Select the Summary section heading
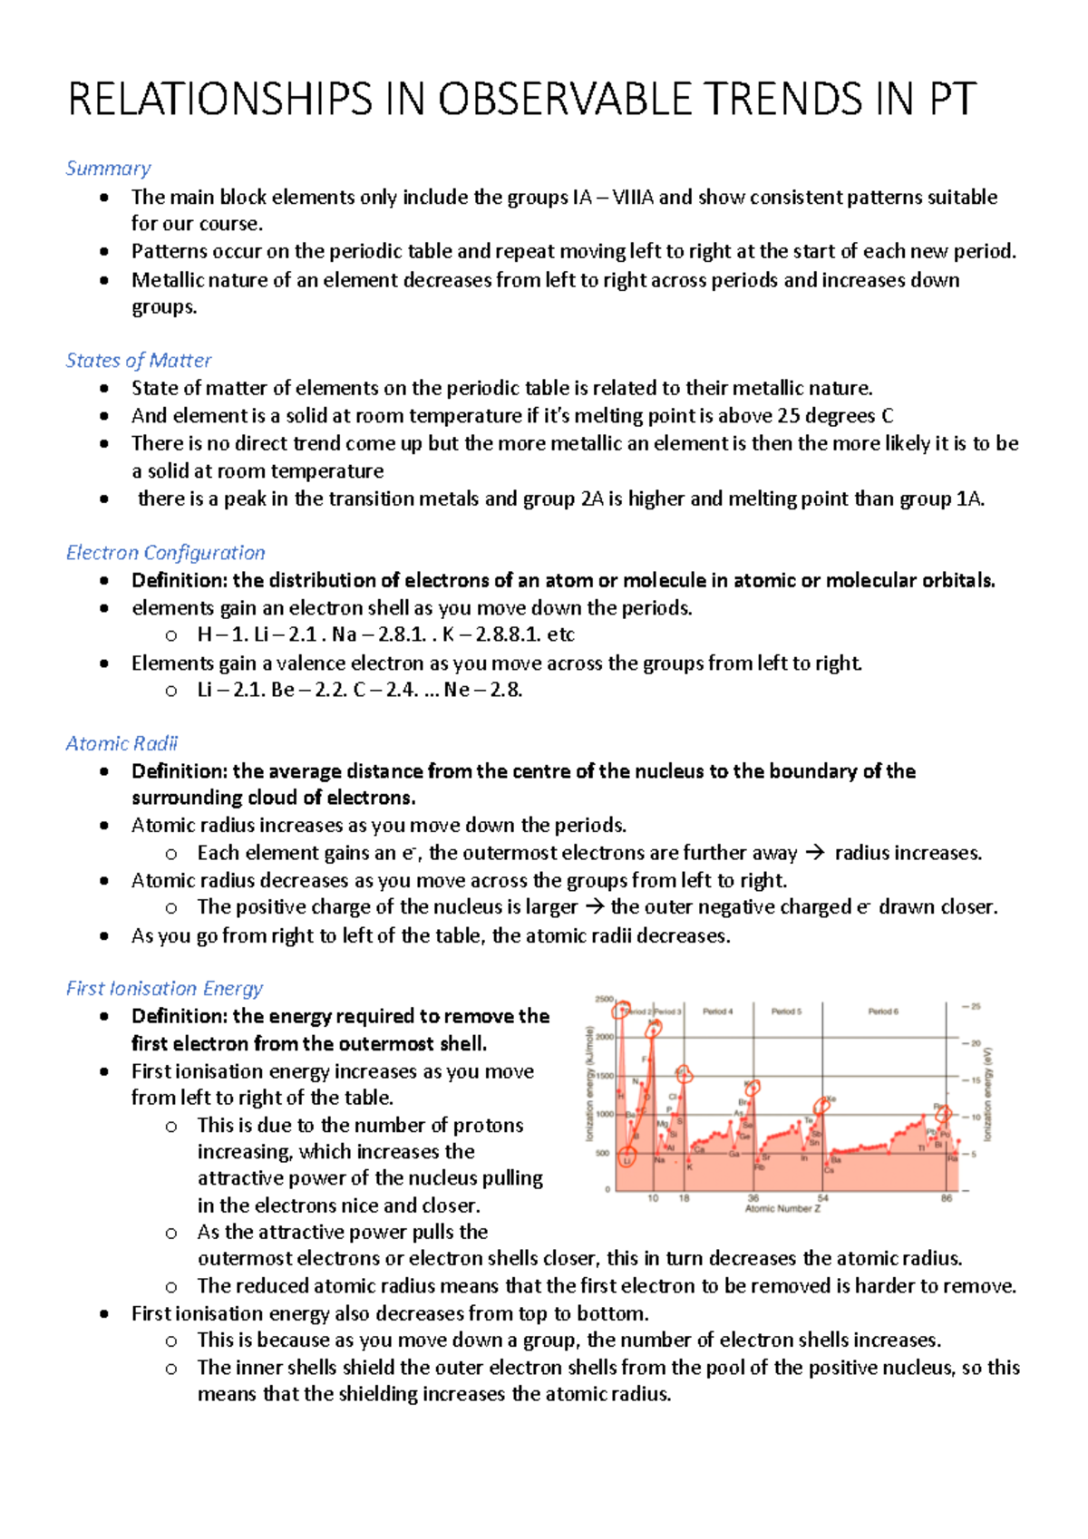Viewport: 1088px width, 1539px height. (108, 169)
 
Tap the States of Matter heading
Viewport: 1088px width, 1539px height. (138, 361)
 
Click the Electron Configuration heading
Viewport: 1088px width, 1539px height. (165, 553)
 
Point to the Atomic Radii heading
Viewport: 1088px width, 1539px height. (121, 744)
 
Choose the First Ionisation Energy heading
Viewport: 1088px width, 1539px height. (164, 989)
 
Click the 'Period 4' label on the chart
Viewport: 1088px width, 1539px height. (717, 1011)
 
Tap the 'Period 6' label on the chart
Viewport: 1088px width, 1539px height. (882, 1011)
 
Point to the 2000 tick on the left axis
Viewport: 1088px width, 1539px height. (604, 1037)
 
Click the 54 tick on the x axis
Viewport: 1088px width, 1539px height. (822, 1198)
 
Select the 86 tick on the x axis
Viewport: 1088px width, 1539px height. (946, 1198)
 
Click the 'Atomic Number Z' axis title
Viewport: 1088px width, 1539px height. (782, 1209)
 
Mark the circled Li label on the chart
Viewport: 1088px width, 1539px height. (627, 1159)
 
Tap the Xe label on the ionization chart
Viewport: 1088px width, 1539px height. (831, 1099)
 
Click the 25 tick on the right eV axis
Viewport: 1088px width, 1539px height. (976, 1006)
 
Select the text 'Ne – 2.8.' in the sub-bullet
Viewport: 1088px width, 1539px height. (482, 690)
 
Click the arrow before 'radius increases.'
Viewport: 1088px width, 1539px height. (815, 853)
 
